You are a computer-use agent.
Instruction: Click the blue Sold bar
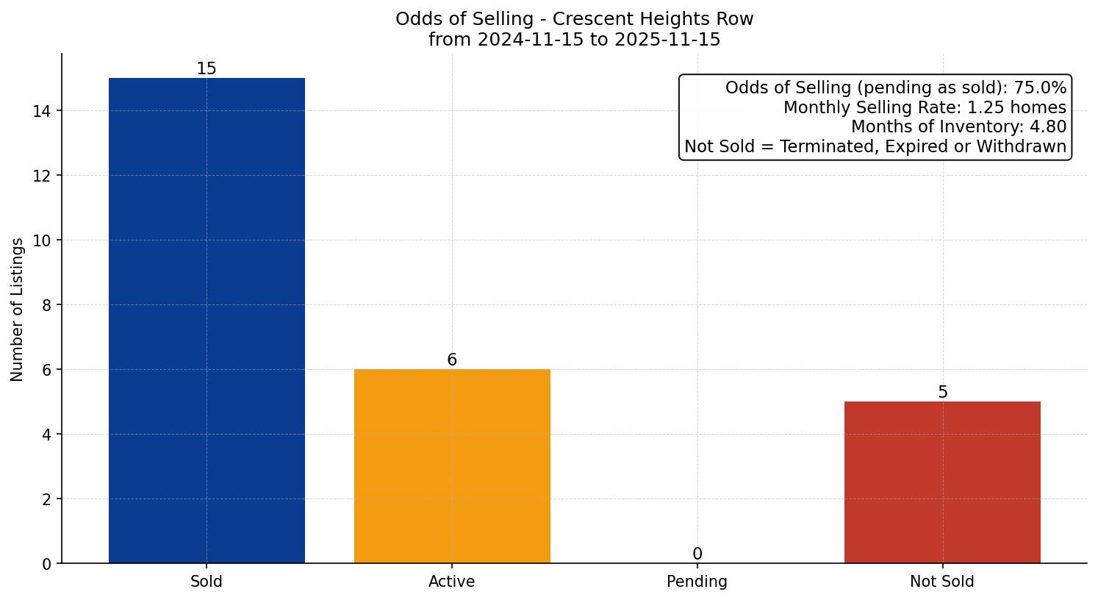tap(207, 321)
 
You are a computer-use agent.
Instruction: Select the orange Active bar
tap(452, 465)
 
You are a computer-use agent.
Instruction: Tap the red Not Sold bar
tap(942, 482)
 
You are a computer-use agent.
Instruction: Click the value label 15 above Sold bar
tap(207, 68)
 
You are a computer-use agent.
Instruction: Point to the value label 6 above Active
tap(452, 360)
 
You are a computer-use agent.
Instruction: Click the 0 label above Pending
tap(697, 554)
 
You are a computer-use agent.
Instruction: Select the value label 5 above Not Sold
tap(942, 392)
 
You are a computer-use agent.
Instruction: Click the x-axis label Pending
tap(697, 582)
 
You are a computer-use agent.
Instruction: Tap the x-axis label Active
tap(452, 582)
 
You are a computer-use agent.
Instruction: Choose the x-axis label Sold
tap(207, 582)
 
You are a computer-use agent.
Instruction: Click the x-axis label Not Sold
tap(942, 582)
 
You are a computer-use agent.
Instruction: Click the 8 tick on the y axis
tap(47, 305)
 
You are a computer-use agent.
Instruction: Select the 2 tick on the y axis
tap(47, 499)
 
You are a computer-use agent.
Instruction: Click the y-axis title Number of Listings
tap(18, 309)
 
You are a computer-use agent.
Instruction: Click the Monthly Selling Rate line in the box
tap(925, 107)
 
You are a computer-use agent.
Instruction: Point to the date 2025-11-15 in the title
tap(668, 40)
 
